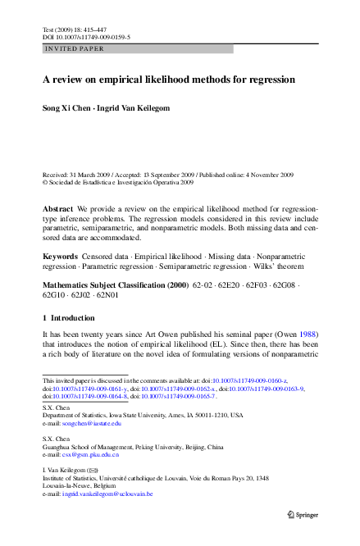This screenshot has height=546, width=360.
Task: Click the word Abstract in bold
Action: pyautogui.click(x=57, y=210)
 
